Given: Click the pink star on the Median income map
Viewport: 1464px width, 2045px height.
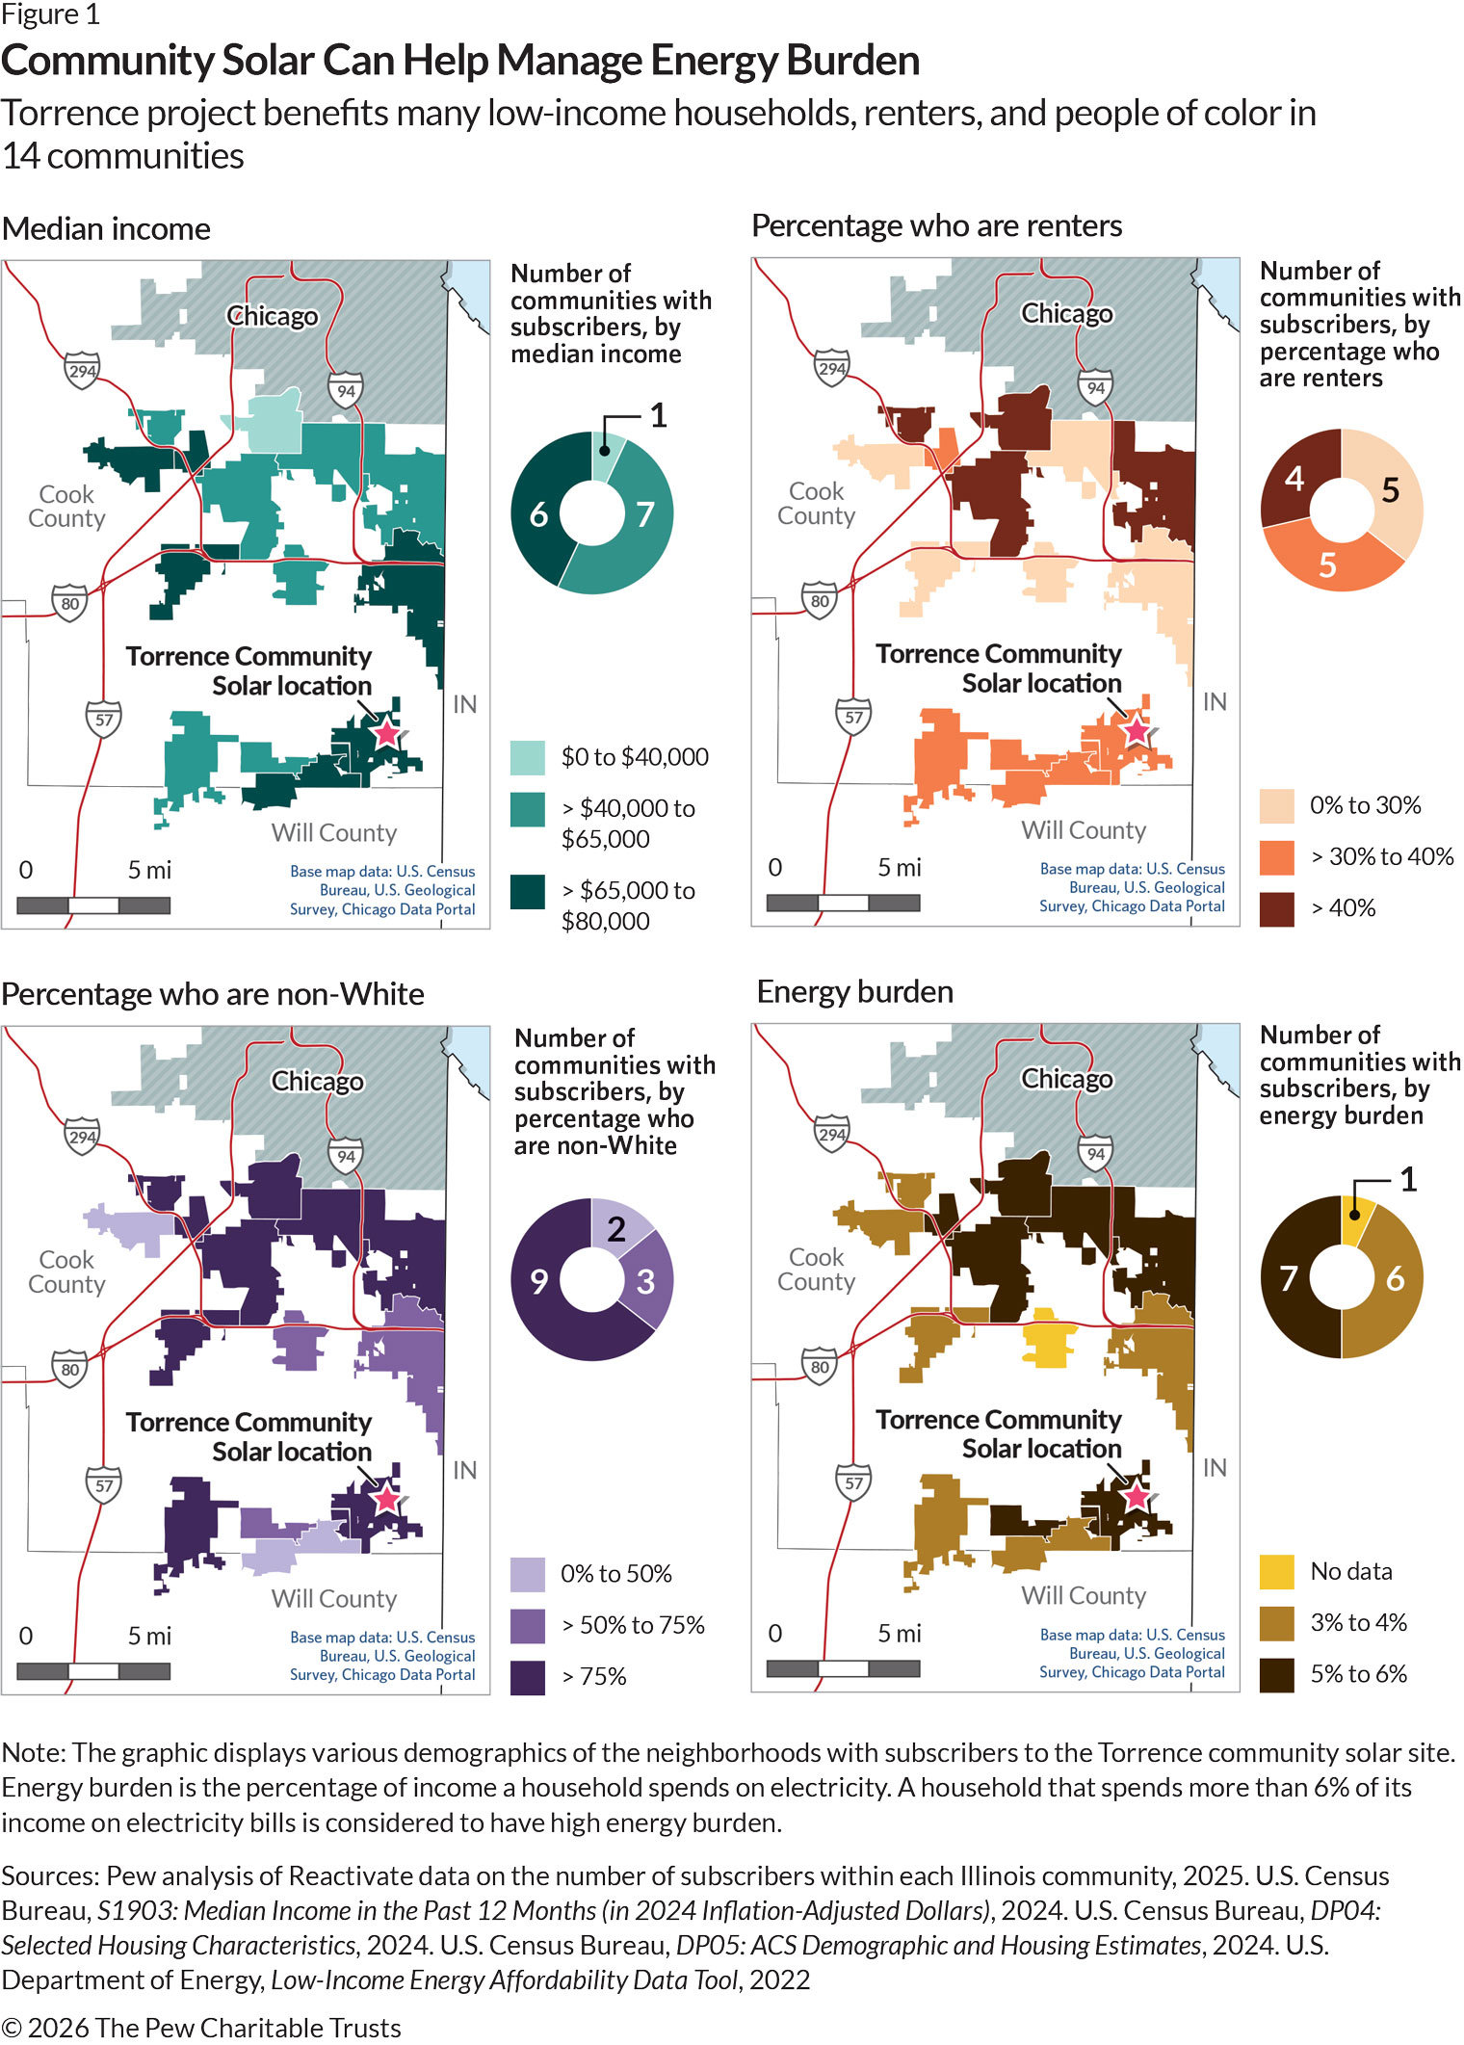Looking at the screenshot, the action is [386, 733].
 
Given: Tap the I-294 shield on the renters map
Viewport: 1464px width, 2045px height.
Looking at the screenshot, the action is [832, 368].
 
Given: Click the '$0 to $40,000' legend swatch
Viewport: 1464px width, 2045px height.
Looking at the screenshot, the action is [528, 758].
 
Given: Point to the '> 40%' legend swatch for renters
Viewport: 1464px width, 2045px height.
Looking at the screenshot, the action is [1277, 908].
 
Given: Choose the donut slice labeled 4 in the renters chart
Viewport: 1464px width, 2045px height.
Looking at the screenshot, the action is [1293, 477].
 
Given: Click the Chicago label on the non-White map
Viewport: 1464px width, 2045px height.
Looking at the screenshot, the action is [318, 1081].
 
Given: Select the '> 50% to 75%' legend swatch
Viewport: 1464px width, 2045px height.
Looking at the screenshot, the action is [528, 1626].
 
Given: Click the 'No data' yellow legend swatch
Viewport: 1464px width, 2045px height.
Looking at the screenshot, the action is [1277, 1571].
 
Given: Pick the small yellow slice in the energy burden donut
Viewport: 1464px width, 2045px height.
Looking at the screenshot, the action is [1356, 1220].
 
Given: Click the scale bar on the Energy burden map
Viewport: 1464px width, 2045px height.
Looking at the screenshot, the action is [843, 1668].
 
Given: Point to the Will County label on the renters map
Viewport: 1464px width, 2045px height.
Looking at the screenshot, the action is [1084, 830].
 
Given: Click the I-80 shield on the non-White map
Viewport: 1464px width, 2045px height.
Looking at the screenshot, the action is [69, 1369].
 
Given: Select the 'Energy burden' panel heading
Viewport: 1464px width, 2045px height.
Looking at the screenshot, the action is [854, 991].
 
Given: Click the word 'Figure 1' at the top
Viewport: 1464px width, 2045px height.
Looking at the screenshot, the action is [50, 14].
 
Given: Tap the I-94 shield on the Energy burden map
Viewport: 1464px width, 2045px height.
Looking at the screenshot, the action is [1095, 1154].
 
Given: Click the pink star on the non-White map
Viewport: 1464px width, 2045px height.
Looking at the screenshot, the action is [386, 1499].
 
